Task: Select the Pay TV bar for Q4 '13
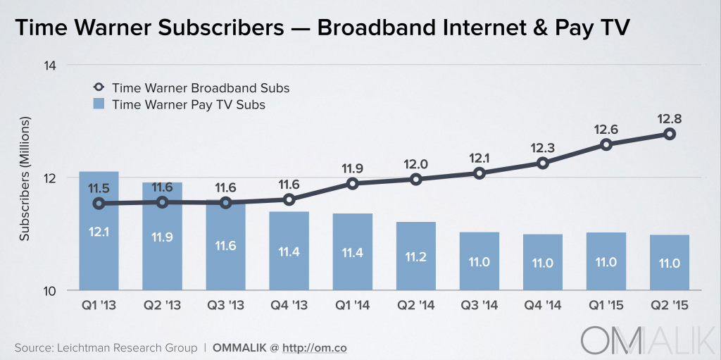289,251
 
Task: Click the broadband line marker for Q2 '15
670,134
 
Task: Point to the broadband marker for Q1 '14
353,184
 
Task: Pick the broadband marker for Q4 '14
543,163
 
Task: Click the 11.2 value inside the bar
415,256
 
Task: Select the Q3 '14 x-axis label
479,307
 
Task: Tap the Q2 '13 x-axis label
163,307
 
